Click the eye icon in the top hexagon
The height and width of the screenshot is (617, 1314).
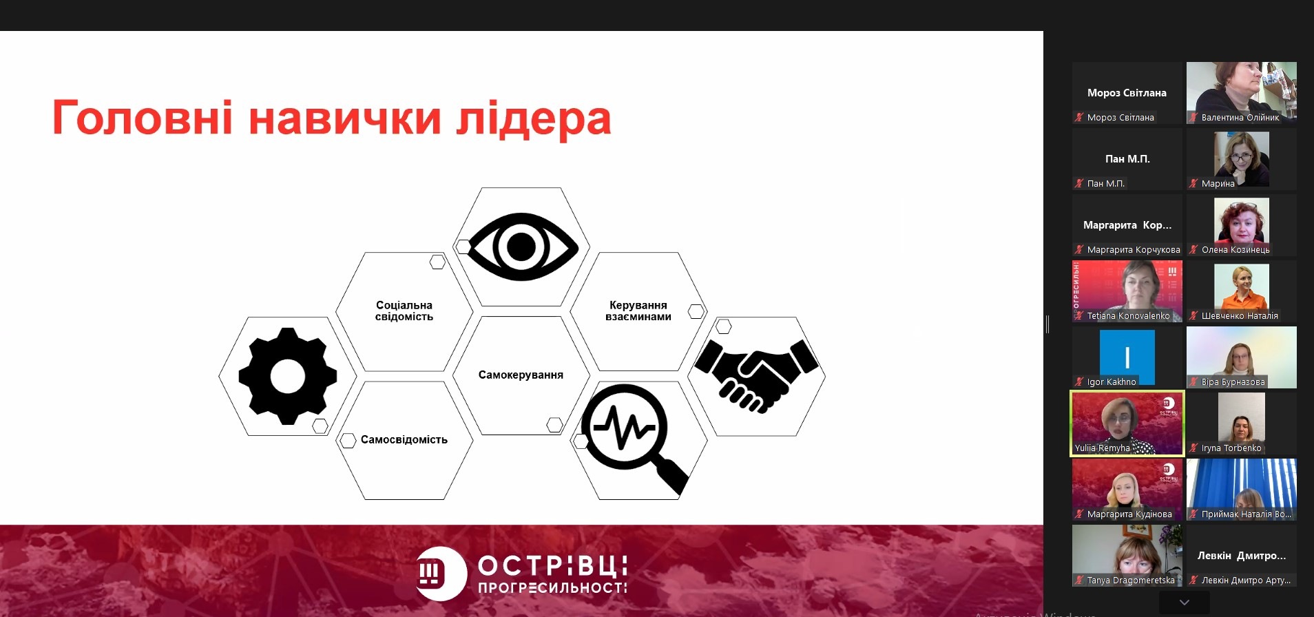(x=521, y=247)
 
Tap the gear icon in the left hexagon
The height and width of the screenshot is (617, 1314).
(x=288, y=376)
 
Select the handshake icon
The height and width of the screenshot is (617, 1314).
(x=756, y=374)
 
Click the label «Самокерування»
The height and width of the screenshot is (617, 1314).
(x=521, y=375)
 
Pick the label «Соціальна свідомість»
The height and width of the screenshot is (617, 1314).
(x=404, y=311)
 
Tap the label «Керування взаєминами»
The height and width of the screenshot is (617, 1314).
(x=638, y=311)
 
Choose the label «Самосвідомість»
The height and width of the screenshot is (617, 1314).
(x=404, y=439)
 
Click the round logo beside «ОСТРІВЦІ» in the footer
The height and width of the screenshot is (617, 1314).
(x=441, y=574)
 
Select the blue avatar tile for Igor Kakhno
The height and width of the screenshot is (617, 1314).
(x=1127, y=357)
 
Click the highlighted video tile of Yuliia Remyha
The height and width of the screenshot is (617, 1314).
(x=1127, y=423)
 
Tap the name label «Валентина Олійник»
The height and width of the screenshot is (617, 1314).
(x=1240, y=117)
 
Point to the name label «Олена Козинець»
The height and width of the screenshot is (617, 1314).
(x=1235, y=249)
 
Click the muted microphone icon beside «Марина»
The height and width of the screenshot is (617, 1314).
(x=1193, y=183)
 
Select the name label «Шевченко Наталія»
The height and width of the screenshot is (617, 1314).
(x=1240, y=315)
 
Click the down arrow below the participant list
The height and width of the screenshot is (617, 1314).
(x=1185, y=603)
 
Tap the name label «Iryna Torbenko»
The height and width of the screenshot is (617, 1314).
(x=1231, y=448)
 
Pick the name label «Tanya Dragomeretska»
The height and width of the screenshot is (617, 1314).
(x=1131, y=580)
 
